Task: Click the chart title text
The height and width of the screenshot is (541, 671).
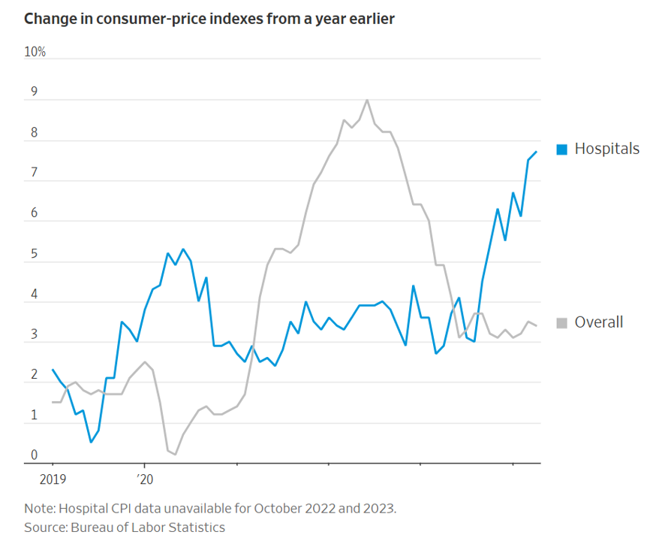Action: click(209, 18)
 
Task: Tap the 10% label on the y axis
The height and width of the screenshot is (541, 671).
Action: click(35, 52)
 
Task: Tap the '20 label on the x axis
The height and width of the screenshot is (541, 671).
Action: click(144, 478)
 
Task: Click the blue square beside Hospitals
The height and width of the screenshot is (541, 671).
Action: click(561, 150)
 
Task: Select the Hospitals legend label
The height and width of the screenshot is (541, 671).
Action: click(606, 149)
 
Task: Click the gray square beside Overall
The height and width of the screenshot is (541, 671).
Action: click(561, 323)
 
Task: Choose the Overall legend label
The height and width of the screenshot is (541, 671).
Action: click(598, 322)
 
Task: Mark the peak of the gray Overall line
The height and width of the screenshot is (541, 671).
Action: click(367, 100)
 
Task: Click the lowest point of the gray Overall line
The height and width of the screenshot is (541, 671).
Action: click(175, 455)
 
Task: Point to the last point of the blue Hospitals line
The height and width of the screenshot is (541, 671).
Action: click(536, 152)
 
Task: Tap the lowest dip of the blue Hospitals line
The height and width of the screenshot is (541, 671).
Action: click(91, 442)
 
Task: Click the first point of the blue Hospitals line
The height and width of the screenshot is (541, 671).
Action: click(53, 370)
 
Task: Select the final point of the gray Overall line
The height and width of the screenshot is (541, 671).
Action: click(536, 325)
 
